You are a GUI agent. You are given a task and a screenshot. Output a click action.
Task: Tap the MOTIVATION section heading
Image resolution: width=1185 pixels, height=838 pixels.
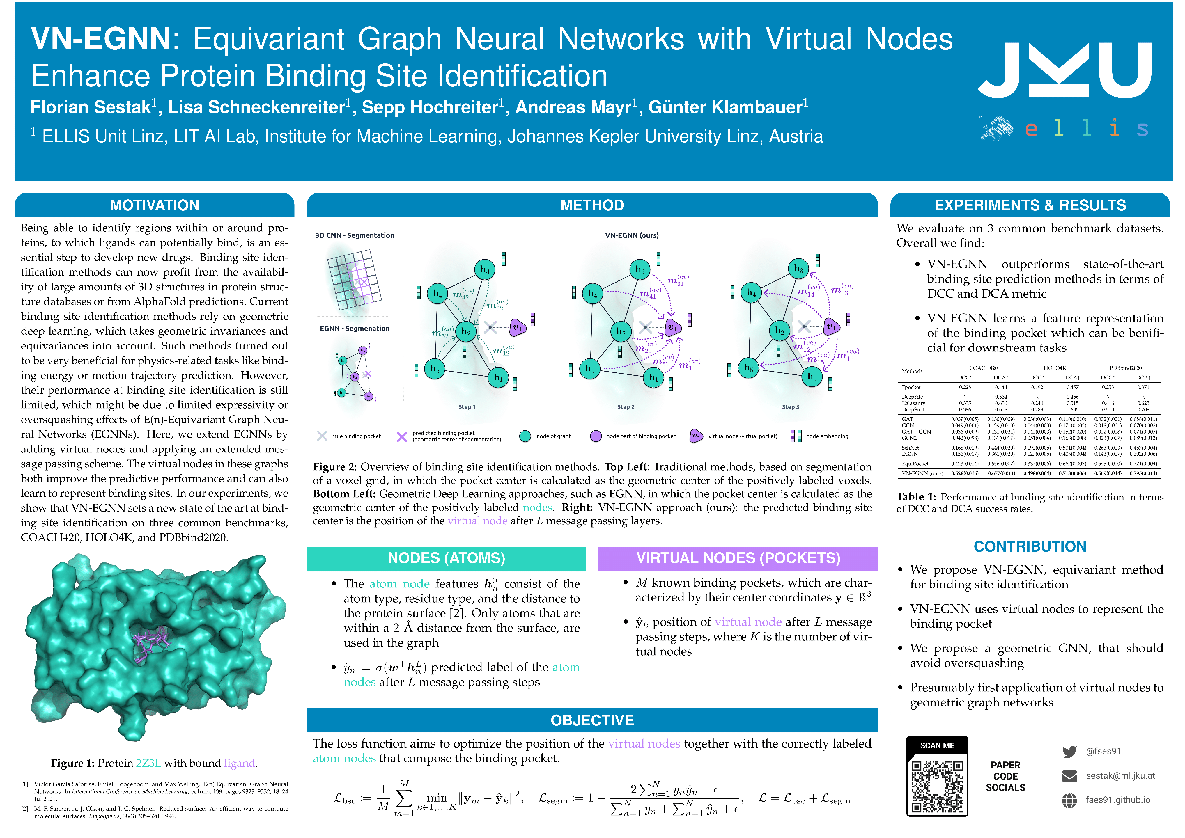154,205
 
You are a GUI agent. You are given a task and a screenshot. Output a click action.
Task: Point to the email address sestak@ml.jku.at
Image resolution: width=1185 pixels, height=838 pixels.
1120,775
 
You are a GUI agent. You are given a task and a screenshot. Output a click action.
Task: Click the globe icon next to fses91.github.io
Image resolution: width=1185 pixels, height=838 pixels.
1069,800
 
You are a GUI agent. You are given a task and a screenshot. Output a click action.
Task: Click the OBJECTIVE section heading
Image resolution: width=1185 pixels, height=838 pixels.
592,720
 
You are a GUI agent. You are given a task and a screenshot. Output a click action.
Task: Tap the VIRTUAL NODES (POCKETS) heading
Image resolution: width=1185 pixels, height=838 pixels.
738,558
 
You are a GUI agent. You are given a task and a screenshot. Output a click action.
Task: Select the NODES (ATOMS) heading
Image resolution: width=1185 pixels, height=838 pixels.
446,558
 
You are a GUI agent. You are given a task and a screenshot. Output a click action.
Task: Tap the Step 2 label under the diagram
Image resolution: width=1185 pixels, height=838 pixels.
626,407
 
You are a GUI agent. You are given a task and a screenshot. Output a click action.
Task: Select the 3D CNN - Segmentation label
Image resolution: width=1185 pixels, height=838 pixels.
355,235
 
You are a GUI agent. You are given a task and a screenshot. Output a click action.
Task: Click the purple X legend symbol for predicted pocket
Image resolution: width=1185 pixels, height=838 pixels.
401,436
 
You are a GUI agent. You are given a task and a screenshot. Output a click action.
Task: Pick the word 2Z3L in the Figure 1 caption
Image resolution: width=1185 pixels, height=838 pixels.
149,763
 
